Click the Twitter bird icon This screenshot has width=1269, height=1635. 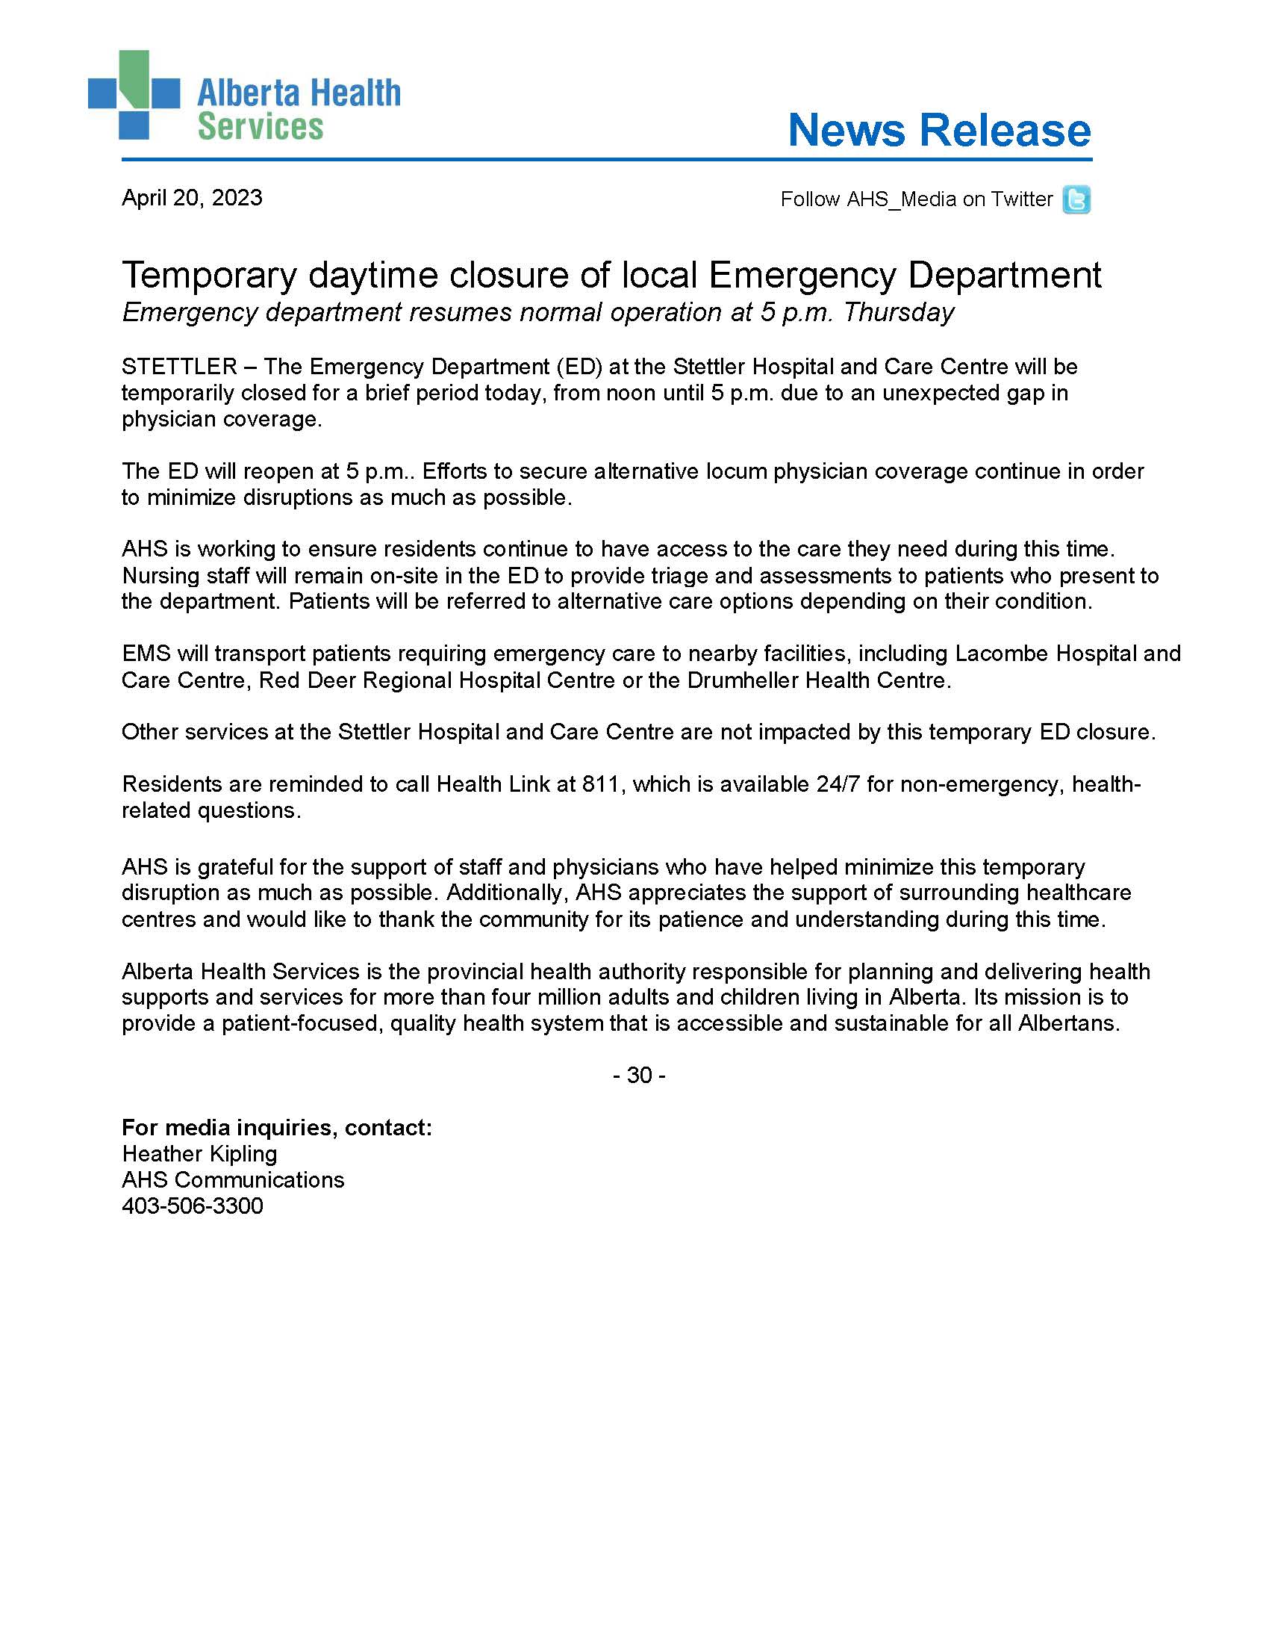click(x=1076, y=200)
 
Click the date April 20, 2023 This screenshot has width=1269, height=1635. click(x=192, y=198)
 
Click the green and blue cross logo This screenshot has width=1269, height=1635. click(x=134, y=95)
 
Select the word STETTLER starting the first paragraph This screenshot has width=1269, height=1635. click(x=179, y=367)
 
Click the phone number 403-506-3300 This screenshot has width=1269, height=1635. click(x=193, y=1206)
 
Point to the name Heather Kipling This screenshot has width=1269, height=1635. click(x=199, y=1154)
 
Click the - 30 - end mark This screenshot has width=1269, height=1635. click(x=639, y=1075)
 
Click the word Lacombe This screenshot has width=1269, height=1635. click(x=1002, y=654)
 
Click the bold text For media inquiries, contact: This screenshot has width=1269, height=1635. click(x=277, y=1127)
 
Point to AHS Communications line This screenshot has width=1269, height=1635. click(x=233, y=1180)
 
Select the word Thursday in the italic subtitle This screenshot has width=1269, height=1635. click(x=898, y=312)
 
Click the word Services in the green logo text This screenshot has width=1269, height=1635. click(x=260, y=126)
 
